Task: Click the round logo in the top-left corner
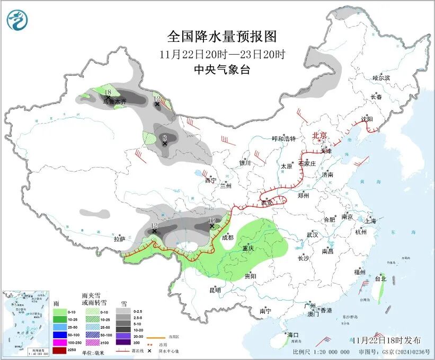tap(17, 20)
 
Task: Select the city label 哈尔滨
tap(380, 78)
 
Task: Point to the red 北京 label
tap(320, 135)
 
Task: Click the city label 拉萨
tap(120, 239)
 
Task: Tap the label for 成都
tap(227, 238)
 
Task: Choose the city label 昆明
tap(215, 290)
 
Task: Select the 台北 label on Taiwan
tap(380, 278)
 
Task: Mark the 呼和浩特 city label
tap(283, 139)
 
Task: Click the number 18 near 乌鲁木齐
tap(108, 93)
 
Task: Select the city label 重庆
tap(248, 249)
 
